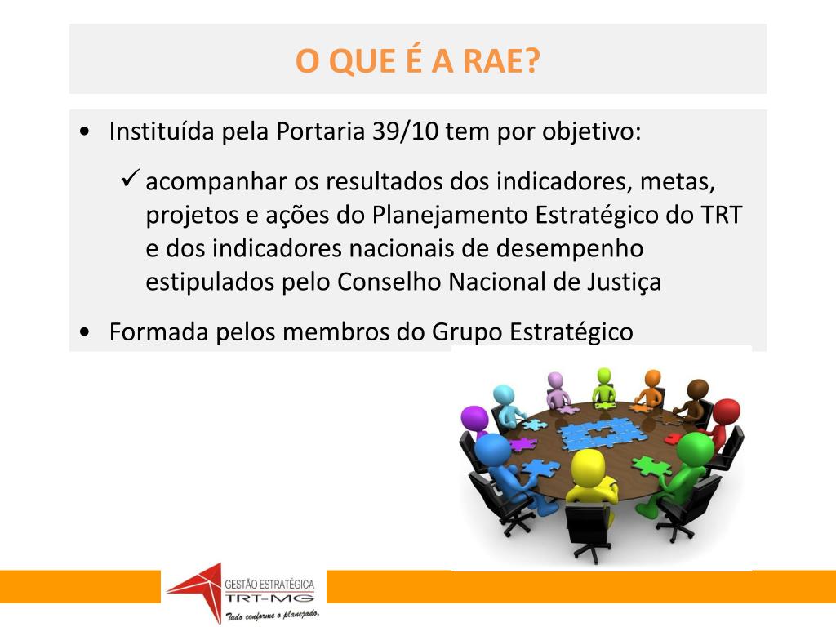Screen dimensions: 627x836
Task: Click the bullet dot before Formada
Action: pyautogui.click(x=86, y=333)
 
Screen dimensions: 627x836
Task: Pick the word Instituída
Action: pyautogui.click(x=162, y=131)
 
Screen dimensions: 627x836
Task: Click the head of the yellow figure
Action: pyautogui.click(x=588, y=467)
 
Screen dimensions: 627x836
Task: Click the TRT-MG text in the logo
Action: pyautogui.click(x=269, y=598)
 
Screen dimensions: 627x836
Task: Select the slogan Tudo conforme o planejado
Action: pyautogui.click(x=272, y=613)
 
